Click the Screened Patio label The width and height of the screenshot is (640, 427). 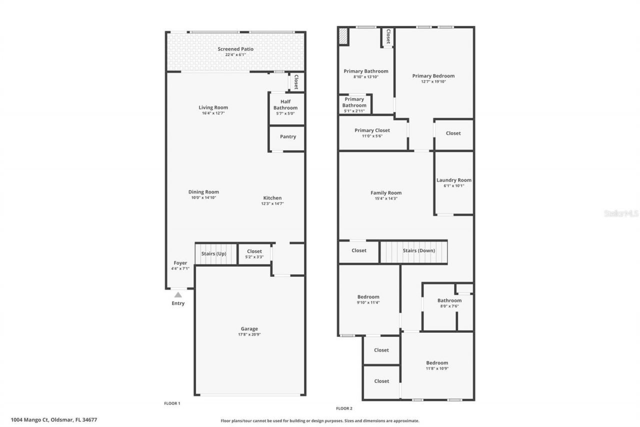click(235, 49)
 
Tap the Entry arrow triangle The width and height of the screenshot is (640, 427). click(178, 295)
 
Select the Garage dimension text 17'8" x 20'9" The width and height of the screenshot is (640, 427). click(249, 334)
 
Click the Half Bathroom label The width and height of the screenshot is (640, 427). click(285, 105)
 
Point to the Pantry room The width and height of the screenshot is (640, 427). click(288, 137)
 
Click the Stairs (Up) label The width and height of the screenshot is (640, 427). click(214, 254)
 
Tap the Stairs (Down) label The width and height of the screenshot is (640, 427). click(419, 251)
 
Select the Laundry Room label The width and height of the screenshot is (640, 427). click(454, 180)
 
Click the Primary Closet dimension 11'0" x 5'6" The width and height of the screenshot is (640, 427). click(372, 136)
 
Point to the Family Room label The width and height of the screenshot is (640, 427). click(386, 193)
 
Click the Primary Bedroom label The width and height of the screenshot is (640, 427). click(433, 76)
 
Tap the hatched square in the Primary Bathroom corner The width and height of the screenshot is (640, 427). click(343, 37)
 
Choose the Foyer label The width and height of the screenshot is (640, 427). click(180, 263)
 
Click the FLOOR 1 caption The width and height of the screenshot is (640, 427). click(172, 403)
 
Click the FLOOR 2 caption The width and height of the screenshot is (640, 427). click(344, 408)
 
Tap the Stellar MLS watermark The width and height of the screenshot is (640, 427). click(621, 213)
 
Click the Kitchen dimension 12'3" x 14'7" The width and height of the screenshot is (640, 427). click(272, 204)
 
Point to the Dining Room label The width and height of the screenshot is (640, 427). click(203, 192)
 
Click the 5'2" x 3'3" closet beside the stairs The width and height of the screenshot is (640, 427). click(254, 254)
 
